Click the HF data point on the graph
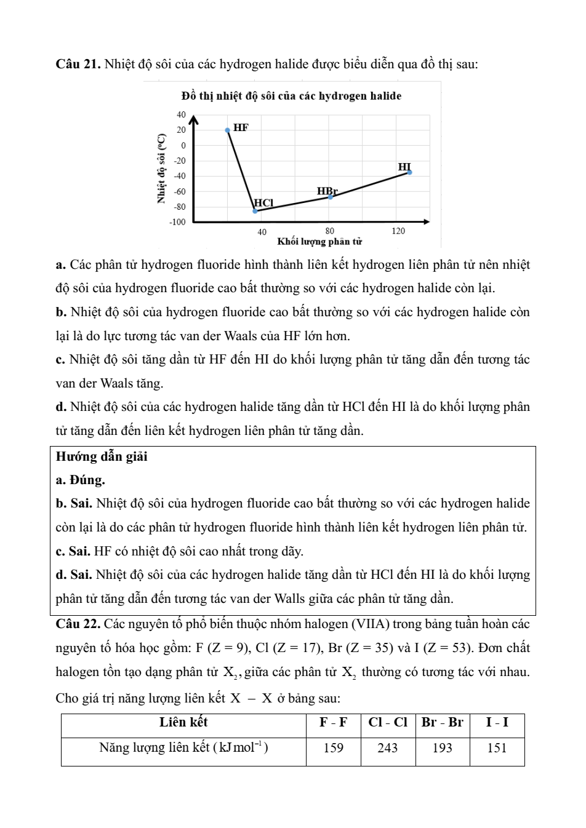point(228,130)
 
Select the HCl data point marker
point(255,211)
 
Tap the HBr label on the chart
point(327,191)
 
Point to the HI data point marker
point(409,173)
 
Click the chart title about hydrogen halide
point(292,96)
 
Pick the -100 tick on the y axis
point(177,221)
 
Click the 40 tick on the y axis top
point(181,114)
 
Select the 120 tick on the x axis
point(398,231)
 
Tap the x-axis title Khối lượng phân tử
point(319,241)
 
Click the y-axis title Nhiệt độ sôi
point(162,169)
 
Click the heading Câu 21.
point(78,63)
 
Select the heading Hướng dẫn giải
point(102,456)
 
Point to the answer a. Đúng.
point(80,480)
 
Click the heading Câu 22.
point(78,624)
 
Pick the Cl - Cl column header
point(388,722)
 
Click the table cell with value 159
point(333,748)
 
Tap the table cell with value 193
point(442,748)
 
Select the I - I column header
point(497,722)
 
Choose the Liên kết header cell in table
point(183,722)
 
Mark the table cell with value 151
point(497,748)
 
